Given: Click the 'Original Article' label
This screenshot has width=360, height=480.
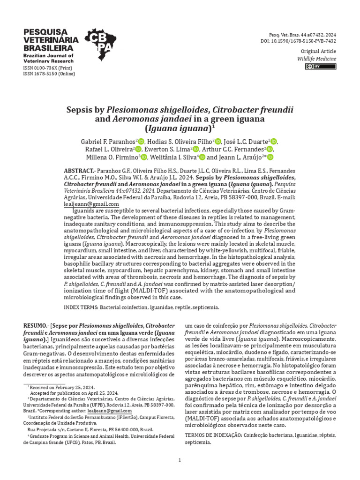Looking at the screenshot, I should click(x=318, y=51).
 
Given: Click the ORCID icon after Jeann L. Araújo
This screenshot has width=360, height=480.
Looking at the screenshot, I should click(x=270, y=157).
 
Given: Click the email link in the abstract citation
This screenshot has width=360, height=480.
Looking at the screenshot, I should click(x=91, y=204).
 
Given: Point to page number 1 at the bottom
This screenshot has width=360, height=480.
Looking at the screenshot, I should click(x=180, y=460).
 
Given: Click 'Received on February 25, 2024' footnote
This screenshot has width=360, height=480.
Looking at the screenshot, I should click(x=61, y=387).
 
